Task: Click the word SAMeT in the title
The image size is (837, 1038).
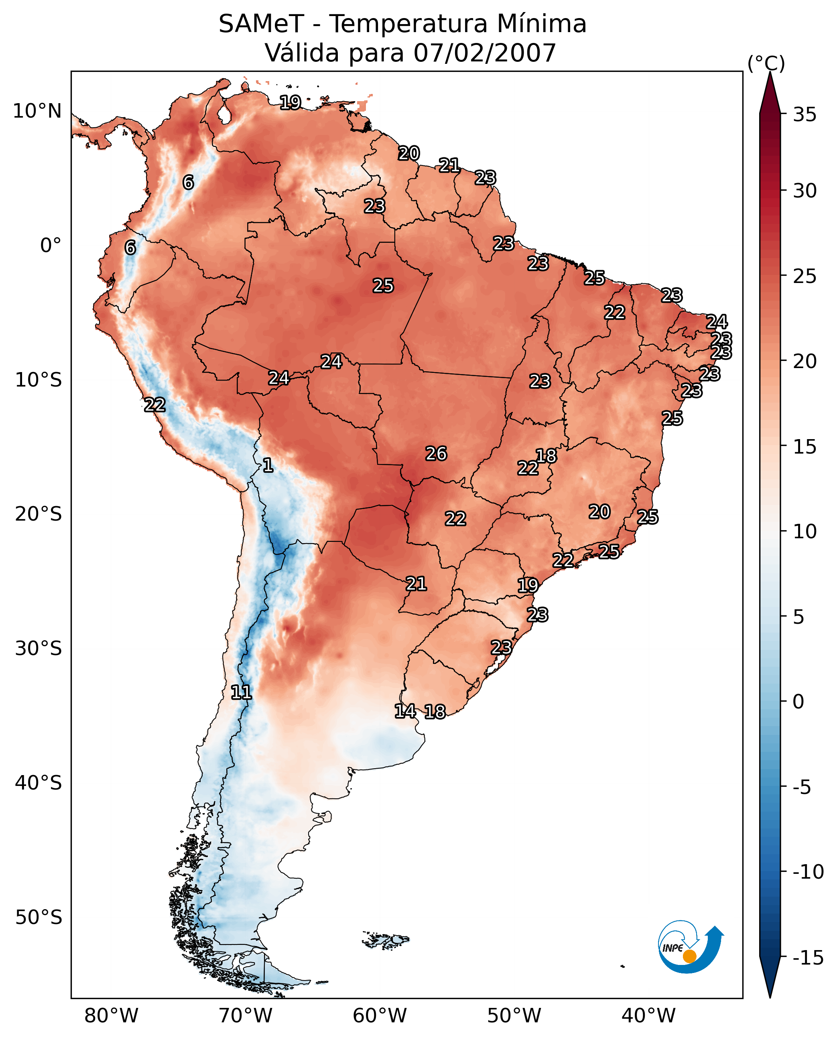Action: pyautogui.click(x=261, y=24)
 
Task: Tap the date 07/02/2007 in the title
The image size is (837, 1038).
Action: pyautogui.click(x=485, y=53)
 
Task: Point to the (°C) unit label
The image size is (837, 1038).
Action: pyautogui.click(x=766, y=63)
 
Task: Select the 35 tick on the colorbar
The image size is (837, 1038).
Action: pyautogui.click(x=804, y=115)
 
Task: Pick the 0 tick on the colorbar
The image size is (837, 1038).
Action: pyautogui.click(x=798, y=702)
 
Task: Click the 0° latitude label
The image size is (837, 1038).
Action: pyautogui.click(x=51, y=246)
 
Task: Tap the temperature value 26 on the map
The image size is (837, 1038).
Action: pyautogui.click(x=436, y=454)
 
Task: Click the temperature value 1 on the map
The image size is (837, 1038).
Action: pyautogui.click(x=268, y=466)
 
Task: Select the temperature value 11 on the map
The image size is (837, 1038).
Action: pyautogui.click(x=241, y=693)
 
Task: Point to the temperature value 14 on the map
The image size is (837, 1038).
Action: pyautogui.click(x=405, y=711)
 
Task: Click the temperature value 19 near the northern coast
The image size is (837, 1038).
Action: pyautogui.click(x=290, y=102)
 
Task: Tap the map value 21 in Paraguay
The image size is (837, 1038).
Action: pyautogui.click(x=416, y=584)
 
